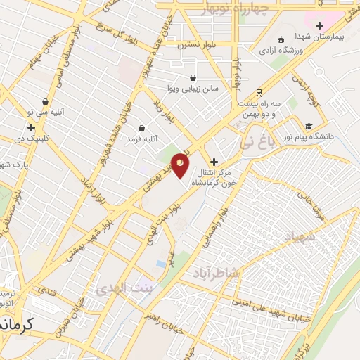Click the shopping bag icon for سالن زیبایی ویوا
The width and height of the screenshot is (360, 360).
(x=193, y=77)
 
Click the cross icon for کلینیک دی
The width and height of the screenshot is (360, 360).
(x=31, y=127)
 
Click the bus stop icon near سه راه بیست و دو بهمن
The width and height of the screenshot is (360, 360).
(x=259, y=92)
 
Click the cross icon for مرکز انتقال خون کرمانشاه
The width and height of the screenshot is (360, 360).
(x=214, y=162)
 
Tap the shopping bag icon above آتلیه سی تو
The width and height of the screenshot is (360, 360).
(x=46, y=101)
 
